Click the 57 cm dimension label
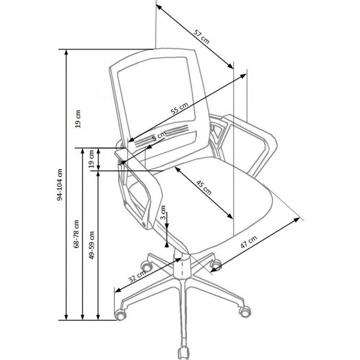pos(202,37)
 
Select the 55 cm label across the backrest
pos(179,108)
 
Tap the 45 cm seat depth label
pos(203,188)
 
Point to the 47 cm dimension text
pos(248,242)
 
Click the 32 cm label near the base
pos(137,276)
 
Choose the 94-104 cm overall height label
pos(59,185)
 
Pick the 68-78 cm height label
pos(76,234)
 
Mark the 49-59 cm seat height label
pos(92,245)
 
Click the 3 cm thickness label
pos(163,212)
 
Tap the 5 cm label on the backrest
pos(159,136)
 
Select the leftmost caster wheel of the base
pos(121,314)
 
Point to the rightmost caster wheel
pos(245,311)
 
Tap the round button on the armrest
pos(144,223)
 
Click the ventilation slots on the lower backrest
pos(161,136)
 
